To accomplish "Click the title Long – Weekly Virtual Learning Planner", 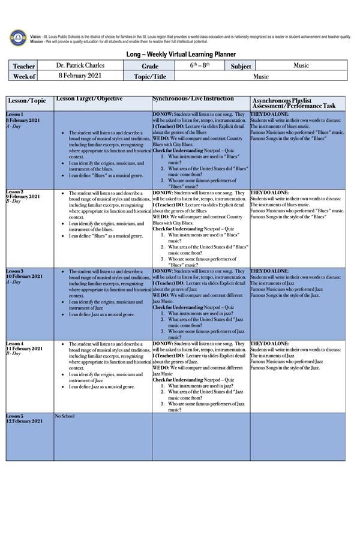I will coord(181,54).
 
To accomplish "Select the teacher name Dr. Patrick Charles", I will coord(80,65).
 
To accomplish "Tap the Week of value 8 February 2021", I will coord(80,76).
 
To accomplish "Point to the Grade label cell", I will coord(150,66).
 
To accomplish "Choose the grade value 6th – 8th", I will coord(200,65).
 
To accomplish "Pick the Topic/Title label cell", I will coord(150,76).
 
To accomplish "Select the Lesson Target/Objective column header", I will coord(89,98).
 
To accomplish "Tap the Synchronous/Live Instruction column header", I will coord(193,98).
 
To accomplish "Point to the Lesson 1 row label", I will coord(15,114).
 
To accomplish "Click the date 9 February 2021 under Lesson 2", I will coord(24,197).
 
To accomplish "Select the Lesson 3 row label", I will coord(15,271).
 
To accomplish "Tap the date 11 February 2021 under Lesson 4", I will coord(25,349).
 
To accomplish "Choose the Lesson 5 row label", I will coord(15,416).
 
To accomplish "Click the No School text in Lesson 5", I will coord(65,416).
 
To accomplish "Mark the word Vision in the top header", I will coord(35,37).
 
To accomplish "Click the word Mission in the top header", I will coord(37,41).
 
